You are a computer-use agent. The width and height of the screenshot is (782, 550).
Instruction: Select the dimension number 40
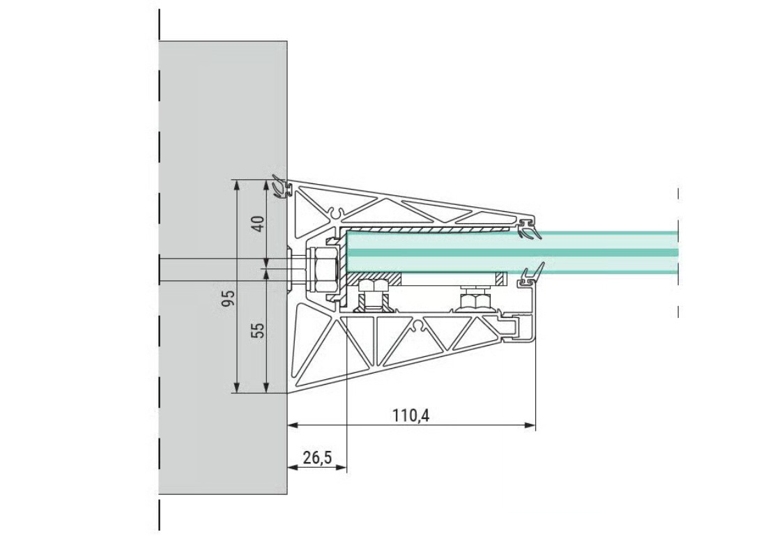[x=258, y=223]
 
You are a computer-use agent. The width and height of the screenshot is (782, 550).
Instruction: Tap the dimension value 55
[x=258, y=330]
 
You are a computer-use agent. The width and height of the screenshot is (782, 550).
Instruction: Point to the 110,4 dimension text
[x=411, y=415]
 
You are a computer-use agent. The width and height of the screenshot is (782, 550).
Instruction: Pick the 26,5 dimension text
[x=318, y=458]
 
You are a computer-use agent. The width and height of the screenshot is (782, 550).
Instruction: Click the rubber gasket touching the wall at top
[x=281, y=187]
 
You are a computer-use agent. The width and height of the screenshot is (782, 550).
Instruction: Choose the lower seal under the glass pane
[x=530, y=276]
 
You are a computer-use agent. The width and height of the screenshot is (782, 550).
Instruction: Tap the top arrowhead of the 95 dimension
[x=236, y=185]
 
